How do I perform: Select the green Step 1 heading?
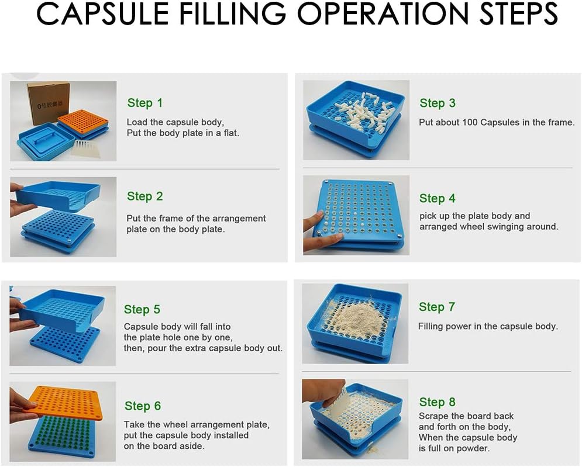click(x=145, y=103)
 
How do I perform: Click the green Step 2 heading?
click(x=144, y=196)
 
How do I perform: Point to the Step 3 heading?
click(x=437, y=103)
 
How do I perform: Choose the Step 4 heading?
click(x=437, y=198)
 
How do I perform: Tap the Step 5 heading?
click(x=142, y=309)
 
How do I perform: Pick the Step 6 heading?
click(x=142, y=406)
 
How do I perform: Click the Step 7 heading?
click(x=436, y=307)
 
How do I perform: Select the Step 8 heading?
click(x=437, y=402)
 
